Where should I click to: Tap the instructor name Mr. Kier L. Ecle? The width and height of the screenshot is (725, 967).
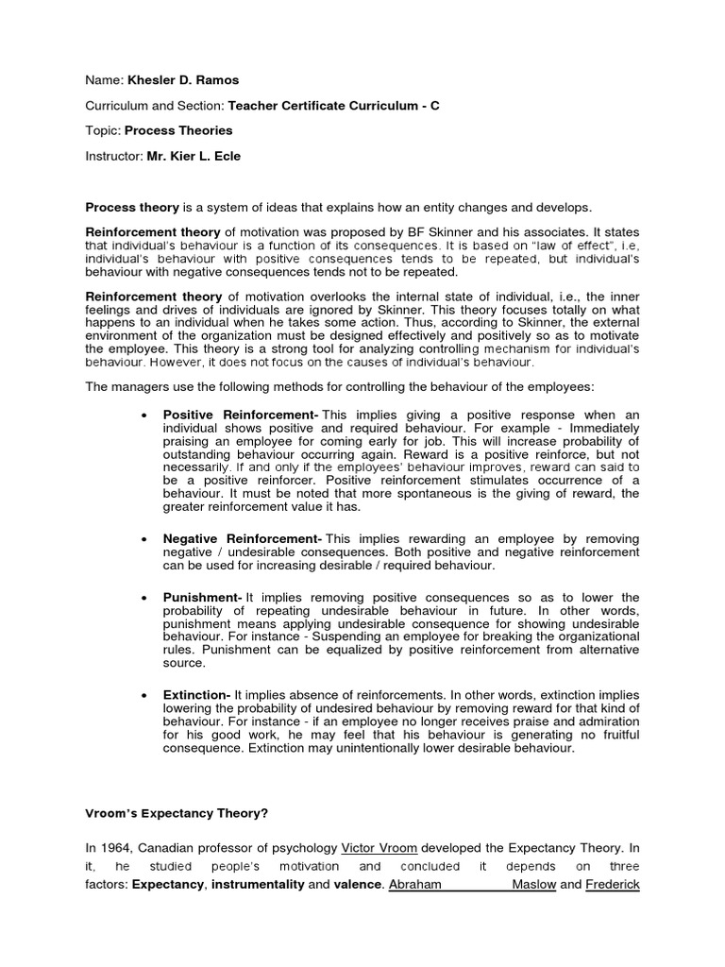click(194, 156)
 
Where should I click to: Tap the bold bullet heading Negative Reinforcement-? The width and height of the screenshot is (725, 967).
click(244, 537)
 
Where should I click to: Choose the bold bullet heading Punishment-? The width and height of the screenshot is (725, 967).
click(203, 598)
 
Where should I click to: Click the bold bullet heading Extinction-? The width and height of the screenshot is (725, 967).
click(197, 695)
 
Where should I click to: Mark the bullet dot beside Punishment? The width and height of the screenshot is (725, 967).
click(142, 599)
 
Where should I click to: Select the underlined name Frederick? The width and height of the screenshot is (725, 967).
click(613, 885)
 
